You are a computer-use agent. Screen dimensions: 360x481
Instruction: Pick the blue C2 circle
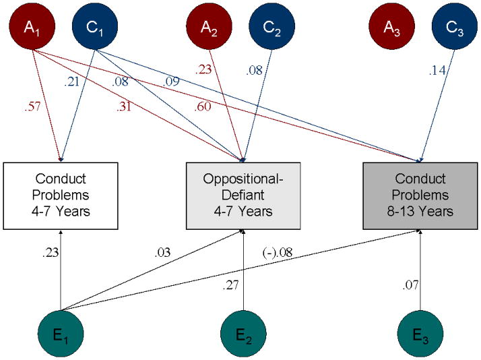coord(271,28)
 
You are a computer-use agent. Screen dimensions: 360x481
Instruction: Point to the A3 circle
coord(391,28)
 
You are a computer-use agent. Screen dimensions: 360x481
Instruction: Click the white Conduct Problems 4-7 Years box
coord(61,195)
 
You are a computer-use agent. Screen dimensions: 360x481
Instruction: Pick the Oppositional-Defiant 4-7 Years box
coord(243,195)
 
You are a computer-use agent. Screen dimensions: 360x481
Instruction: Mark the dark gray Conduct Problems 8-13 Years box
coord(421,195)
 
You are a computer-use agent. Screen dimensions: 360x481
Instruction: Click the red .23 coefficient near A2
coord(204,68)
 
